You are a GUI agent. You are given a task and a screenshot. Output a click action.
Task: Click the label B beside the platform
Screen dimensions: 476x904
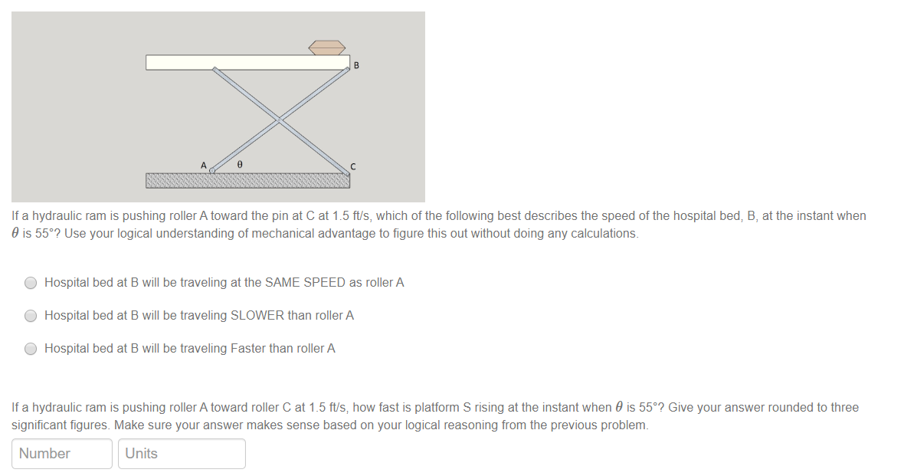[356, 66]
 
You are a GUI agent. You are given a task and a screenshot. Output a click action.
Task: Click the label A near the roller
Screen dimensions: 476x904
[204, 165]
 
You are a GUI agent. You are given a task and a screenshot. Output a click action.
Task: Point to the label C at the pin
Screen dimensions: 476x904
[353, 166]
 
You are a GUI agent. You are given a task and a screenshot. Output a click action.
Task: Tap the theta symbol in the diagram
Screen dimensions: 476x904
[240, 164]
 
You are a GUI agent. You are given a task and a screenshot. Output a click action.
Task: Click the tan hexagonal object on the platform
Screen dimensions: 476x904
[327, 47]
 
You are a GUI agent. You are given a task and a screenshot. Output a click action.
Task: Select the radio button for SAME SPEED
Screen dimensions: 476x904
[31, 283]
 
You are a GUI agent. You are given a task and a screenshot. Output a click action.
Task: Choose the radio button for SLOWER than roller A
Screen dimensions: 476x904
[31, 316]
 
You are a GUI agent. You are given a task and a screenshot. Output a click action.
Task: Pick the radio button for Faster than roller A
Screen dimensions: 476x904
[31, 349]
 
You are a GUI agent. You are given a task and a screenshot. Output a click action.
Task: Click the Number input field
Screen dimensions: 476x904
[62, 454]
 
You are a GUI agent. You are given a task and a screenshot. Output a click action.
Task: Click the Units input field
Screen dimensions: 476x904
[182, 454]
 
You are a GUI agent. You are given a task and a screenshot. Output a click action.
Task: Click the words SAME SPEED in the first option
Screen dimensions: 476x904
[305, 283]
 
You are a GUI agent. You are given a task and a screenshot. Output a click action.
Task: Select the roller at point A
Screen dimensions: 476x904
[213, 170]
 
